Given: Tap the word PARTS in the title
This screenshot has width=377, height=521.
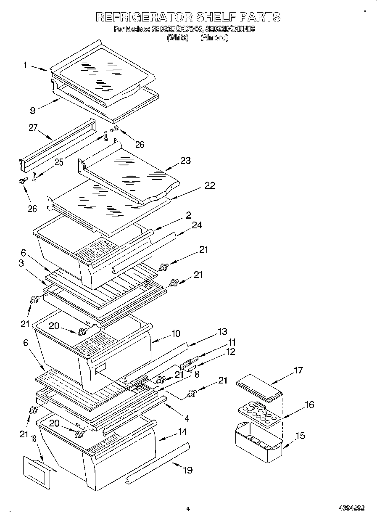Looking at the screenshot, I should pos(261,17).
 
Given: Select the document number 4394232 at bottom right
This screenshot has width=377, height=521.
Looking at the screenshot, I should pos(351,508).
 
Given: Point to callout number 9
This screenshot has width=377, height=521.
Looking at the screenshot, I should pos(32,111).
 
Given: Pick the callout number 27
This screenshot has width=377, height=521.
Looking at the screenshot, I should pos(33,128).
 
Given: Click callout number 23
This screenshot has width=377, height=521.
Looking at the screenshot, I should pos(185,160).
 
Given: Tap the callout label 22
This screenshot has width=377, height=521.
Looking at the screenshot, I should pos(210,185).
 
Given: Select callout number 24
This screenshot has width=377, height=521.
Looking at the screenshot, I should pos(197,225).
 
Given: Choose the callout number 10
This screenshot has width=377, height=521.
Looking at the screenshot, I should pos(175,333).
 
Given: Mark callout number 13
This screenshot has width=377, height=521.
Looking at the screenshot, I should pos(222,331).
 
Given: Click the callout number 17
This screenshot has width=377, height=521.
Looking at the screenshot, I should pos(298,370).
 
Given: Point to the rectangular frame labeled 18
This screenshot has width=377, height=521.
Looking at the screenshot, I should pos(38,471).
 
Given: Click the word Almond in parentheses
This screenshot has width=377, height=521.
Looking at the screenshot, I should pos(215,37).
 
